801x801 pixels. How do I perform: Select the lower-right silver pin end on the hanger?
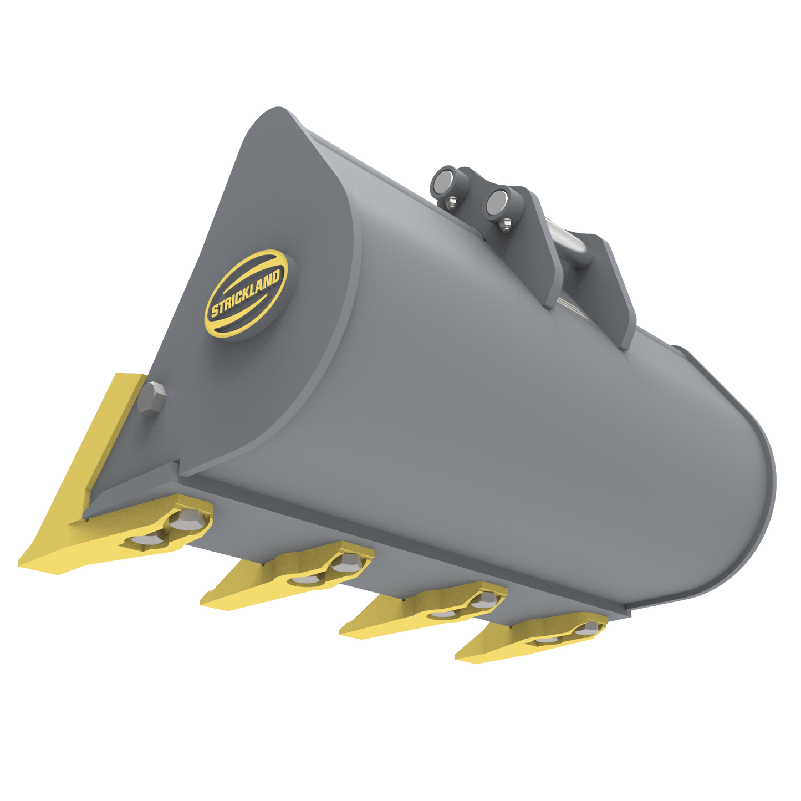(496, 201)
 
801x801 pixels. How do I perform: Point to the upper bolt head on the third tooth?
(483, 599)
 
